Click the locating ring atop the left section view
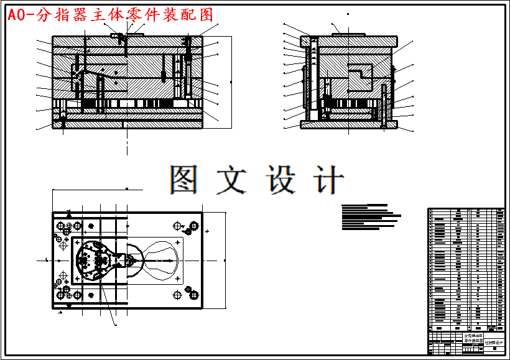coord(127,35)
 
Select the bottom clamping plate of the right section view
coord(348,124)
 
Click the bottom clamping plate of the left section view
coord(127,124)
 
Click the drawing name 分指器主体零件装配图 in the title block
coord(473,339)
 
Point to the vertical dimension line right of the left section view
coord(231,81)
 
